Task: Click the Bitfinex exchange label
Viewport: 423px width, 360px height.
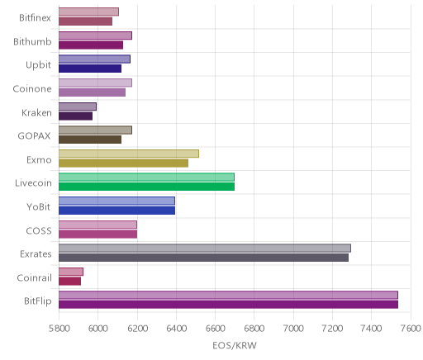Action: pos(35,18)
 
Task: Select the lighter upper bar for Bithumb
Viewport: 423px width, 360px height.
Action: pos(95,36)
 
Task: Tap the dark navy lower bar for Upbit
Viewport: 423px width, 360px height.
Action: pos(90,69)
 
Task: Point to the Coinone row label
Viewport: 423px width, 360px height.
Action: pos(32,89)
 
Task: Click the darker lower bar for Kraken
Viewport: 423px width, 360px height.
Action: pos(75,116)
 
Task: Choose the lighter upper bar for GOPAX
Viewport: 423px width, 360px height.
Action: pos(95,130)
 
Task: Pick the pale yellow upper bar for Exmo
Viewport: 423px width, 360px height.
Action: pos(129,154)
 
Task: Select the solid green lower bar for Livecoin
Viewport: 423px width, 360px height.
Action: pos(146,187)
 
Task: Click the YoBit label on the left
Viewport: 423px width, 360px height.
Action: pos(38,206)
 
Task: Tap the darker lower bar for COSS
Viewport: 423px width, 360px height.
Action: pos(97,234)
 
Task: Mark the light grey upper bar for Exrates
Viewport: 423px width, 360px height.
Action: pos(205,248)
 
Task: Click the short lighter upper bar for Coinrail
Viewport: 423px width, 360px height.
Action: pos(71,272)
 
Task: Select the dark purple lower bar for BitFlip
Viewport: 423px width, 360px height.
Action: pos(228,305)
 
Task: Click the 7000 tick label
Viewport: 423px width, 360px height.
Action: pos(293,329)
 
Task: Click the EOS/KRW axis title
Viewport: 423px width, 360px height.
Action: pos(235,345)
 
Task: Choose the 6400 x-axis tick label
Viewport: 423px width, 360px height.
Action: pos(176,329)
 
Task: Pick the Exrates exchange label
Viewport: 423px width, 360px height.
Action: pos(36,253)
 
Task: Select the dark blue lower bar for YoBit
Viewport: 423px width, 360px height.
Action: pos(116,211)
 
